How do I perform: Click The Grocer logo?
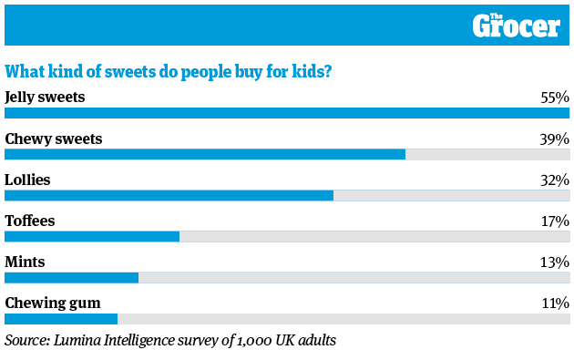(516, 26)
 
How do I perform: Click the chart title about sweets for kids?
(169, 71)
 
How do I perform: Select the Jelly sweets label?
(45, 97)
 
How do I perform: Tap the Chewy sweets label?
(54, 139)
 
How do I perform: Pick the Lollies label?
(28, 180)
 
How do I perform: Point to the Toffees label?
(30, 221)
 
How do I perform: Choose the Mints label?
(26, 262)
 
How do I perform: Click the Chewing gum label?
(53, 303)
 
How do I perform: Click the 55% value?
(554, 97)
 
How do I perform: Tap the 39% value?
(554, 139)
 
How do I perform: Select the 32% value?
(554, 180)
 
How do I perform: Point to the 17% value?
(554, 221)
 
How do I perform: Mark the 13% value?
(554, 262)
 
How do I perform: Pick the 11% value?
(555, 303)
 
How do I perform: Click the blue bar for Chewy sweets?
(205, 154)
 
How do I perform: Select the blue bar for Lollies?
(169, 195)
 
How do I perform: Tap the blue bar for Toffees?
(92, 236)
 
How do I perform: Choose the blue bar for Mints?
(71, 277)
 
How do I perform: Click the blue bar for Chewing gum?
(61, 319)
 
